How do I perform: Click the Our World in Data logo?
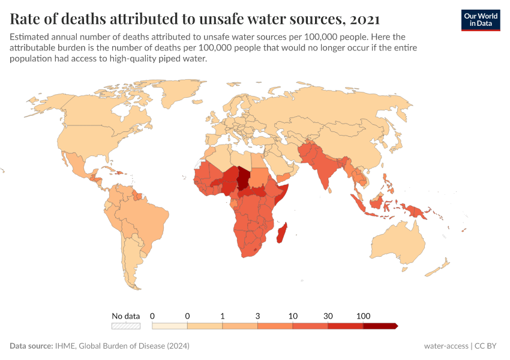click(x=480, y=20)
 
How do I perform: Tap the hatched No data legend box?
click(x=126, y=326)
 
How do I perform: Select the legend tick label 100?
click(x=363, y=316)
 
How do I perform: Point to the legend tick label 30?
click(x=328, y=316)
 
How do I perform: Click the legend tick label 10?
click(x=293, y=316)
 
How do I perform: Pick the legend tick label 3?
click(x=258, y=316)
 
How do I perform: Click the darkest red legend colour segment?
click(x=380, y=326)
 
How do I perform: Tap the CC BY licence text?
click(x=487, y=346)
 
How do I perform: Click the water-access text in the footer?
click(x=446, y=346)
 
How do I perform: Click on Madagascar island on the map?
click(x=280, y=233)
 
